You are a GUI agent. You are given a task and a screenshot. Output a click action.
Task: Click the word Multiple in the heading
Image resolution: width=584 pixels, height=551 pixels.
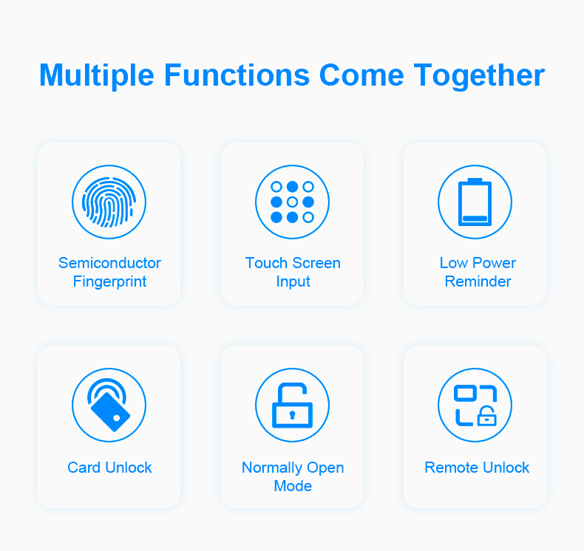pos(96,76)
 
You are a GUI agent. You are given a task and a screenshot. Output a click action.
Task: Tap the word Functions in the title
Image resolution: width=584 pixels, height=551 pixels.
pos(237,75)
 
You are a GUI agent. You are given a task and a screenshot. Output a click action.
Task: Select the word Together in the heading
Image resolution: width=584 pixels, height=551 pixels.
pos(479,76)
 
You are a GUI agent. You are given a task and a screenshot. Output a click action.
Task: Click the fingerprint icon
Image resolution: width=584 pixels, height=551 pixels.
pos(109,202)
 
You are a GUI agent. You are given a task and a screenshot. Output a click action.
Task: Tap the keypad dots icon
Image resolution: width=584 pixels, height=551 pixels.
pos(293,202)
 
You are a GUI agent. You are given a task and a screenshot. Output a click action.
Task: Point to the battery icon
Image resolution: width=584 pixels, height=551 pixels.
pos(475,202)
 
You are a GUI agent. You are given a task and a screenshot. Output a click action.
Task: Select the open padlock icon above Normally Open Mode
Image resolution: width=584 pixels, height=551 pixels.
pos(293,405)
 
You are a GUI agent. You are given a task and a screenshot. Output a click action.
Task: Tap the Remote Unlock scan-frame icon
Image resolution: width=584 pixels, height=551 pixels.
pos(475,405)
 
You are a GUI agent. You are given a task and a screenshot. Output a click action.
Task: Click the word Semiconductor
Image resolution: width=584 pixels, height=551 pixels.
pos(109,263)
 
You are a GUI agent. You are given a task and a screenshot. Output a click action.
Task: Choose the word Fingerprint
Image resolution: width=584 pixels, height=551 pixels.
pos(109,281)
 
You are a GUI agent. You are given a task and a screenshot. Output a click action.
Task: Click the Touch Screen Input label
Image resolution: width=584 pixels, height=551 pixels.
pos(293,273)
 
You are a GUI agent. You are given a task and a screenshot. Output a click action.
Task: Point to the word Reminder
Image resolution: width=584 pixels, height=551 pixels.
pos(478,281)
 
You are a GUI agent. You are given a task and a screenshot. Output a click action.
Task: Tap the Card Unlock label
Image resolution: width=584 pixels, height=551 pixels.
pos(109,468)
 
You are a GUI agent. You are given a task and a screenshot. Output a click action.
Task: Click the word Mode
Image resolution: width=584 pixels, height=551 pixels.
pos(293,486)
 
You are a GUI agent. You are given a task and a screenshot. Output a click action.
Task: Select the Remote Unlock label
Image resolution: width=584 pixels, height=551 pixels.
pos(477,468)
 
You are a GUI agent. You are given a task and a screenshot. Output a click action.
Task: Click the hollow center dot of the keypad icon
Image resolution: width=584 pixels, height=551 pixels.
pos(293,202)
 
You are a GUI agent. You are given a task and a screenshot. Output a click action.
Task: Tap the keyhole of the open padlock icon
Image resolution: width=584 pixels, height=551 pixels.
pos(293,415)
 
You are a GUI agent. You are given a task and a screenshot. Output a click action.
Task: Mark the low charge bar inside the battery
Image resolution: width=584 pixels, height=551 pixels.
pos(475,219)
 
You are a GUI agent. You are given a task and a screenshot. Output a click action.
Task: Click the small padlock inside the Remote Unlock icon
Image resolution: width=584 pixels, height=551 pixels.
pos(487,416)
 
